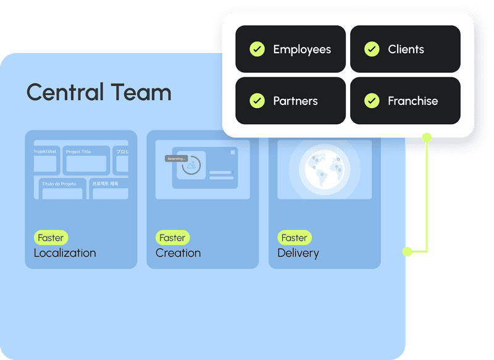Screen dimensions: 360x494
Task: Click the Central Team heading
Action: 99,93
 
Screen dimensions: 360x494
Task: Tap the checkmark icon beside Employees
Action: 257,49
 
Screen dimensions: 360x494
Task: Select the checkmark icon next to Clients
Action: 372,49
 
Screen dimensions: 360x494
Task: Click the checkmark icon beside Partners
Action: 257,101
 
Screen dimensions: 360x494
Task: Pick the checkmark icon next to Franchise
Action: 372,101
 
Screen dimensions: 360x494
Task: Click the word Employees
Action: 302,49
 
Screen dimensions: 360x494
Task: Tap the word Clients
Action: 406,49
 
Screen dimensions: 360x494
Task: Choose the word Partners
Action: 295,101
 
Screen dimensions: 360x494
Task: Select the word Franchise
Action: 412,101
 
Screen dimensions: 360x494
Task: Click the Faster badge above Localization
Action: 51,238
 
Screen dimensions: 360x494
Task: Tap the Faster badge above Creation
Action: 172,238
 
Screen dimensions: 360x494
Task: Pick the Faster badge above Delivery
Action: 294,238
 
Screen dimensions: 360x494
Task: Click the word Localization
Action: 65,253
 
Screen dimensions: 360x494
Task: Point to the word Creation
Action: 178,253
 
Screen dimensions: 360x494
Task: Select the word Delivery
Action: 298,253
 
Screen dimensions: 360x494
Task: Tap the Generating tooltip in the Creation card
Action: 176,159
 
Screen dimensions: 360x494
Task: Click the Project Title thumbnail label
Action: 78,152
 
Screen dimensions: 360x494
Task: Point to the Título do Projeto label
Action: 59,184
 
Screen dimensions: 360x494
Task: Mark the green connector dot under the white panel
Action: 426,137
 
